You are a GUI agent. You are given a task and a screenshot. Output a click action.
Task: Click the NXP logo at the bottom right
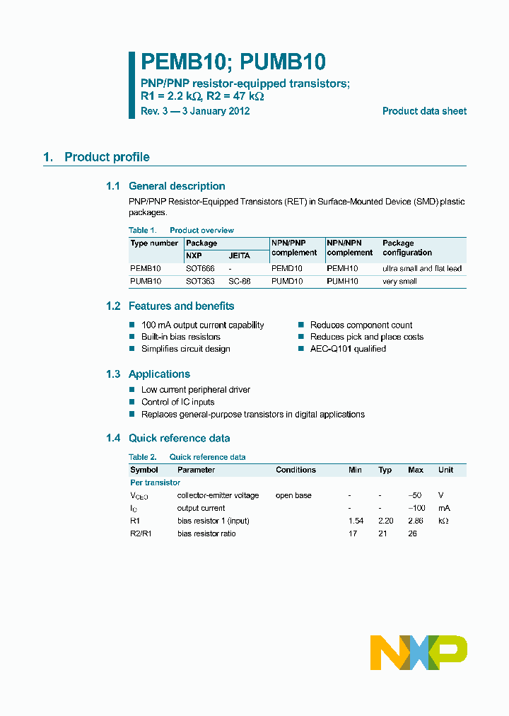[419, 652]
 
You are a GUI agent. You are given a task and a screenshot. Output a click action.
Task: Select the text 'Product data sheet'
[424, 111]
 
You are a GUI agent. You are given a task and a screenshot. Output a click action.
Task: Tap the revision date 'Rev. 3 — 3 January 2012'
[195, 111]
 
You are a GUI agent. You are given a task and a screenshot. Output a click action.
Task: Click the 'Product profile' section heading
[107, 157]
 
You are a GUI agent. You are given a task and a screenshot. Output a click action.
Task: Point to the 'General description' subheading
[177, 186]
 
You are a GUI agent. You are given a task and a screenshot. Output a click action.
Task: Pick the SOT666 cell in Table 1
[200, 269]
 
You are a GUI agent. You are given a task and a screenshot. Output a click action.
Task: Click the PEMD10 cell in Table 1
[287, 269]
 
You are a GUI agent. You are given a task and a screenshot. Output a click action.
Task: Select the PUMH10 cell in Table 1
[343, 282]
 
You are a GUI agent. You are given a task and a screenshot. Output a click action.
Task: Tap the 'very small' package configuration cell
[399, 282]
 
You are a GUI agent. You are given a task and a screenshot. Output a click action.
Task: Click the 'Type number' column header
[154, 243]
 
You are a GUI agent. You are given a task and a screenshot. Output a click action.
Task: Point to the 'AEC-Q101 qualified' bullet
[348, 349]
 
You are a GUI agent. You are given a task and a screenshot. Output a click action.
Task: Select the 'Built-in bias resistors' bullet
[180, 337]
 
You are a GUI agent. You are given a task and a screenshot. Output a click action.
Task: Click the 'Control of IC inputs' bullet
[177, 402]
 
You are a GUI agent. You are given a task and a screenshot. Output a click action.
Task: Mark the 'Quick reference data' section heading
[179, 438]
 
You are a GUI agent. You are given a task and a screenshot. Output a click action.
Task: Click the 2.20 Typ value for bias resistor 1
[385, 521]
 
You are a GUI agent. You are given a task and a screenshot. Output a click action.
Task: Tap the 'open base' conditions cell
[293, 495]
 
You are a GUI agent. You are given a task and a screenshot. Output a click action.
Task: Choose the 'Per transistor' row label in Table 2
[155, 483]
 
